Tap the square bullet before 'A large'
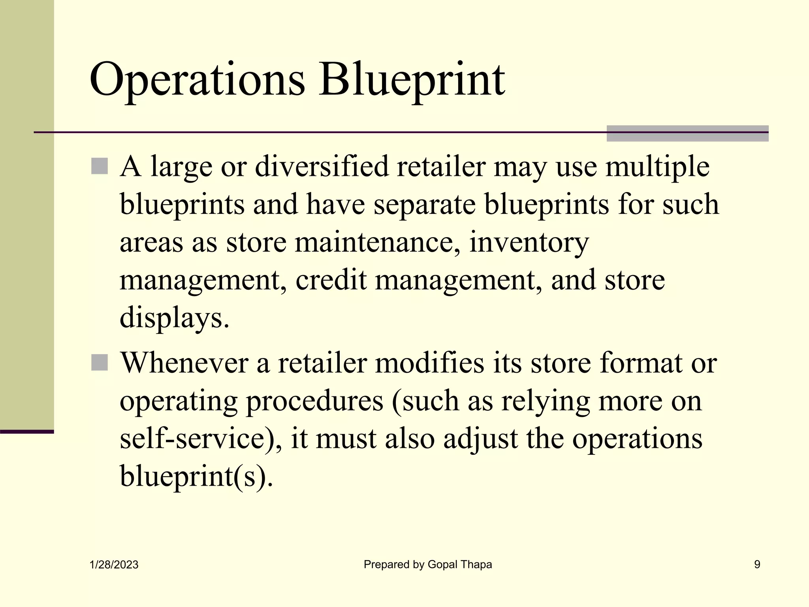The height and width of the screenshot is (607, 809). point(100,166)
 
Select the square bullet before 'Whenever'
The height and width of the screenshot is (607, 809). point(100,362)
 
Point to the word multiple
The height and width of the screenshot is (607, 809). point(657,167)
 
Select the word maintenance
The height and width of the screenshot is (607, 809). point(377,242)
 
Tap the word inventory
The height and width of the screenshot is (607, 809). point(529,243)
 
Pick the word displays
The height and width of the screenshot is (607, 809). point(174,318)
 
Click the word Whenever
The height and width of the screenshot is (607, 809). point(184,362)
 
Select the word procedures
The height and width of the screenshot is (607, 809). point(314,401)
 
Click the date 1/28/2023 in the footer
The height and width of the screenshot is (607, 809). point(114,565)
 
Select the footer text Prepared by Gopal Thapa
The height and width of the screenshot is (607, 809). point(428,564)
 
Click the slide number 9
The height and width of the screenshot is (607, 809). point(757,564)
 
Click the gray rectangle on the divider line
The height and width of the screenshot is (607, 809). point(687,133)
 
